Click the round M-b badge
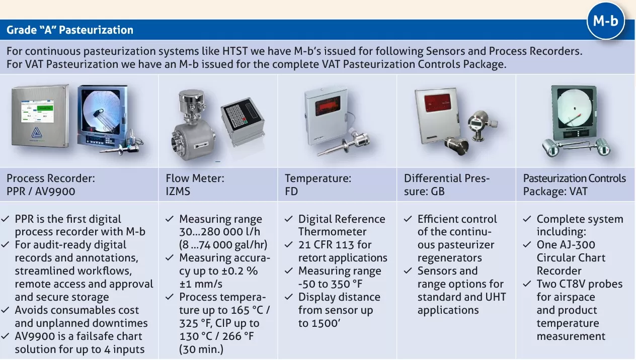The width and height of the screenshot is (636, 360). pos(606,21)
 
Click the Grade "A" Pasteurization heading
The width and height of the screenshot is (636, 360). pos(70,30)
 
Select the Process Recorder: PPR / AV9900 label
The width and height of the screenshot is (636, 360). pos(51,185)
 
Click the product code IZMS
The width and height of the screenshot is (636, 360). pos(178,192)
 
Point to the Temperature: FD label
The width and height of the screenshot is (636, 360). pos(318,185)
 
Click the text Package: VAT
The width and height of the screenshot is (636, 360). pos(555,192)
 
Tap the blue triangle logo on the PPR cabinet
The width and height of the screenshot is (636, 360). pos(36,133)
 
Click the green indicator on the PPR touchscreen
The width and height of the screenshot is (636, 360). pos(45,109)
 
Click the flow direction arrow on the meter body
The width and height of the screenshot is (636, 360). pos(201,145)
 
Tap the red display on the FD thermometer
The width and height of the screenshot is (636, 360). pos(328,106)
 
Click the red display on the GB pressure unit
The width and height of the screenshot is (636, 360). pos(437,103)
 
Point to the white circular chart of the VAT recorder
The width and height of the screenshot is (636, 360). pos(575,108)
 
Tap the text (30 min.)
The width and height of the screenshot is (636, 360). pos(201,349)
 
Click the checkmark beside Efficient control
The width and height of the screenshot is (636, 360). pos(408,219)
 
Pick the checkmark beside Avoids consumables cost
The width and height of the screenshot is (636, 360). pos(5,310)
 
